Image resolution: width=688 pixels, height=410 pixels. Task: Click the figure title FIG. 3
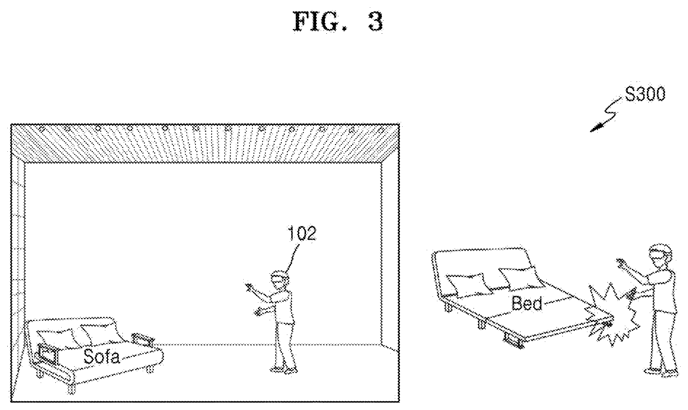click(x=338, y=22)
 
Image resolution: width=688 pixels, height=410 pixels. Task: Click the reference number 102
click(x=302, y=234)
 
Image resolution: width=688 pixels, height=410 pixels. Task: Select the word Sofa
click(x=102, y=355)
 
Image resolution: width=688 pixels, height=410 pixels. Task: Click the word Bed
click(x=527, y=303)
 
